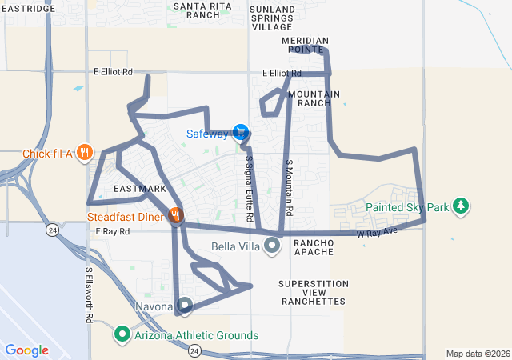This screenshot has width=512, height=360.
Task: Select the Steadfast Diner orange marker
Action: pos(176,215)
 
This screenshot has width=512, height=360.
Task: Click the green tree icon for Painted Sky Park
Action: pos(460,206)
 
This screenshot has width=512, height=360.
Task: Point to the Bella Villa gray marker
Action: pos(272,246)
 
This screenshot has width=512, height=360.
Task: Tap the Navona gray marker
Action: pos(185,306)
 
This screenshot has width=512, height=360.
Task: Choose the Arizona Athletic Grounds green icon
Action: pos(122,334)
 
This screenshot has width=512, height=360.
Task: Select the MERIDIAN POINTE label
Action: pos(304,45)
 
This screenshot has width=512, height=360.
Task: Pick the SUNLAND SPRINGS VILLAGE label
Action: pos(272,18)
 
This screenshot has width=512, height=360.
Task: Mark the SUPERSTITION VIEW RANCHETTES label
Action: pos(313,293)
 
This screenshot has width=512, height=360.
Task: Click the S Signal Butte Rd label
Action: pos(250,188)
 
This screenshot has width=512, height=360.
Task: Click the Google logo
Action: pos(26,350)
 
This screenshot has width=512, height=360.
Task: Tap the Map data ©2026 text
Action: pos(477,354)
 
